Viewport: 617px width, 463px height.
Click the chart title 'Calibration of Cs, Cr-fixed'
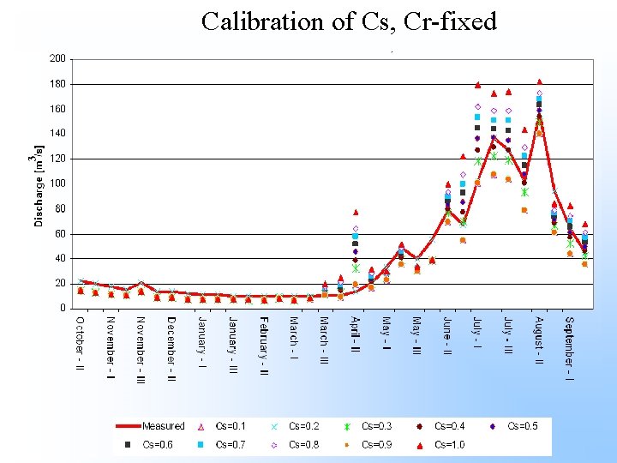pos(349,21)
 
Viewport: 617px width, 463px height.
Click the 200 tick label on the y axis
pos(57,59)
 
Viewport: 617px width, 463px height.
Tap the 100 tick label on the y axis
pos(57,183)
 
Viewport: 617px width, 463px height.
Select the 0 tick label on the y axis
pos(63,308)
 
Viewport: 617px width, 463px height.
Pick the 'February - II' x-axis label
pos(264,346)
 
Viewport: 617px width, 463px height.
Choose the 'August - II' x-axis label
pos(538,341)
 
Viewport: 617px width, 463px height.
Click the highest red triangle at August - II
pos(539,82)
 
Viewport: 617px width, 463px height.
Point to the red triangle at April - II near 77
pos(356,212)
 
